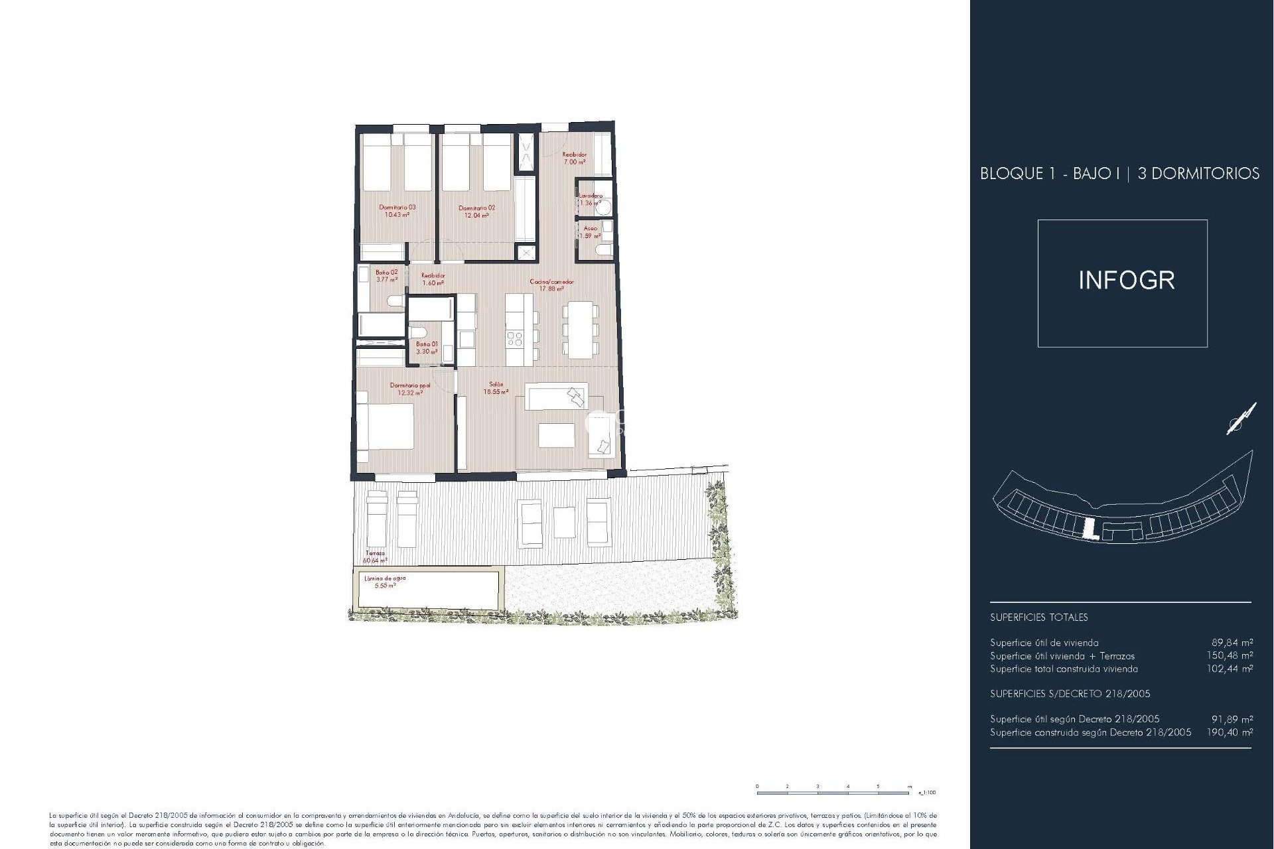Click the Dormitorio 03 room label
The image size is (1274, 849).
point(397,208)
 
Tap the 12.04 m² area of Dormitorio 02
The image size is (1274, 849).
point(476,216)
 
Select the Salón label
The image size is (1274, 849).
point(496,384)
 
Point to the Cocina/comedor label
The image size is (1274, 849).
point(551,282)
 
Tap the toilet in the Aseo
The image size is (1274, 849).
point(604,250)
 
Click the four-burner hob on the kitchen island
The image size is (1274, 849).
point(514,340)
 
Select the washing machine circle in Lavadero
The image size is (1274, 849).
point(604,208)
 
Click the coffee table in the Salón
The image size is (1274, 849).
point(556,436)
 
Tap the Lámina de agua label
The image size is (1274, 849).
point(385,578)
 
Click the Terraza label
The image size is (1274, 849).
point(375,553)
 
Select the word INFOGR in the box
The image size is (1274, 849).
point(1126,281)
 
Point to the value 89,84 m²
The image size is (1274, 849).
point(1232,643)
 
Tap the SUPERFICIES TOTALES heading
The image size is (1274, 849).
point(1038,618)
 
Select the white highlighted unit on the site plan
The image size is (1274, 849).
point(1088,529)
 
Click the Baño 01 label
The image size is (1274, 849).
point(427,344)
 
